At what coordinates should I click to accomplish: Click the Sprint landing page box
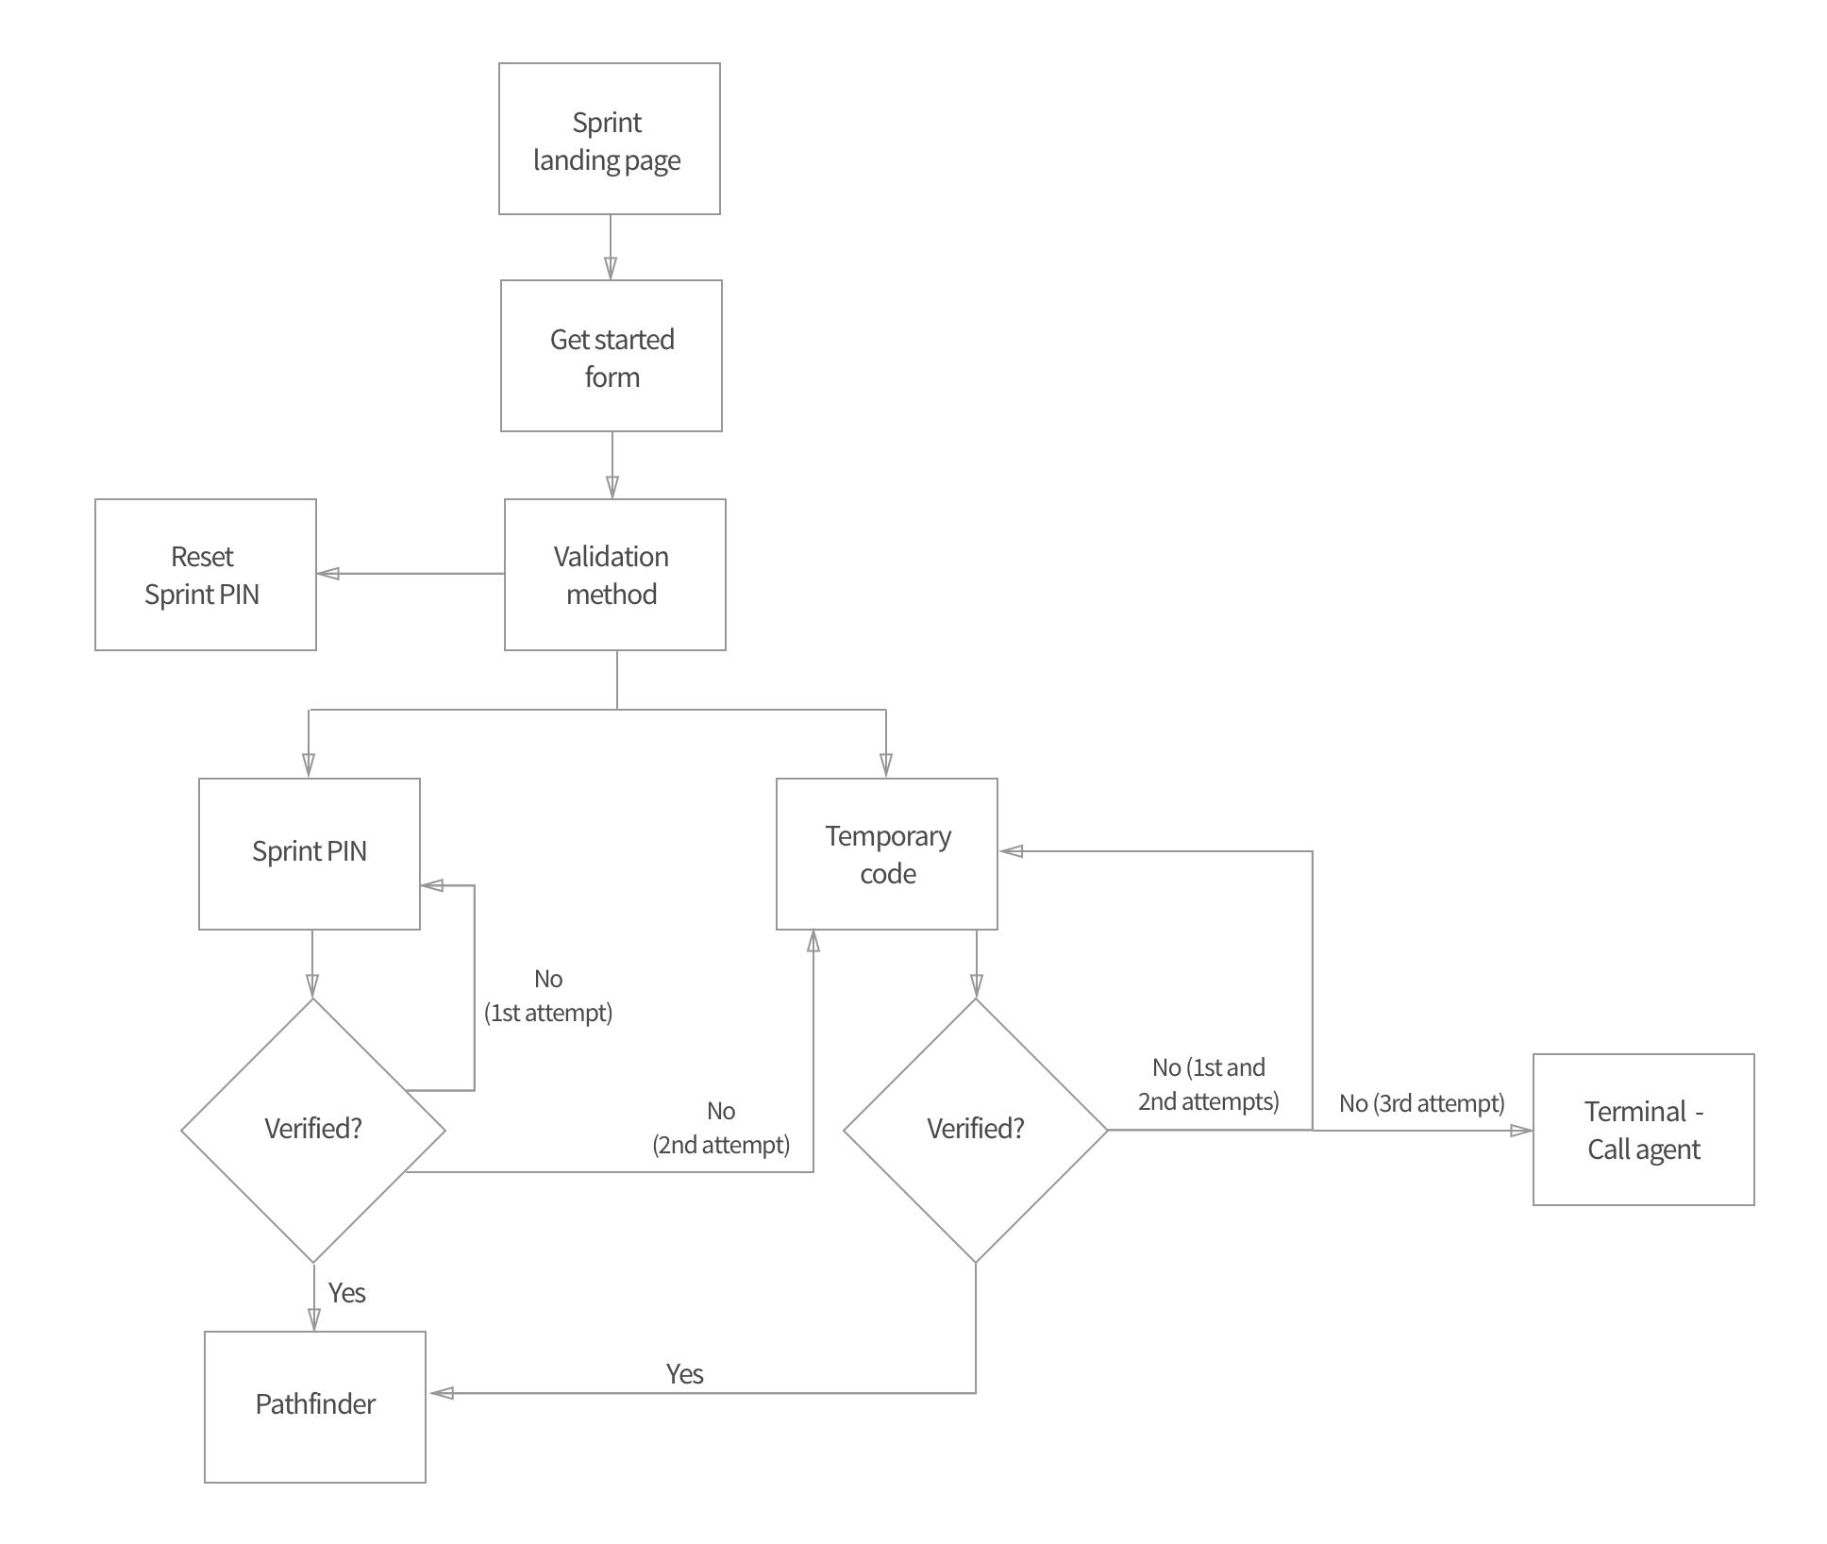click(609, 139)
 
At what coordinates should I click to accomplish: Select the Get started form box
click(611, 356)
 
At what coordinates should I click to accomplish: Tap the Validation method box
click(614, 575)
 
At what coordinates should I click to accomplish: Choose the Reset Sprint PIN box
click(205, 575)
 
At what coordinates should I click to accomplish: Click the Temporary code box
click(886, 854)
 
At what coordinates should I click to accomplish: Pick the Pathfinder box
click(314, 1406)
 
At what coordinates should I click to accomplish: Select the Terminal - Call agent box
click(1643, 1130)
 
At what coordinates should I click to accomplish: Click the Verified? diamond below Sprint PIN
click(313, 1130)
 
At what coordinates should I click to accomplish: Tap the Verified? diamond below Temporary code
click(975, 1130)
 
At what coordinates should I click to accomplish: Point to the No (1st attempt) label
click(548, 997)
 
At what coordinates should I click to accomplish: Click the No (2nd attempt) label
click(721, 1129)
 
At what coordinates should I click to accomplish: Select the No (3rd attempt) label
click(1421, 1103)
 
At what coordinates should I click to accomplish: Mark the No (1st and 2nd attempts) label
click(1208, 1084)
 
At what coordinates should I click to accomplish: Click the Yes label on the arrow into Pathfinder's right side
click(684, 1374)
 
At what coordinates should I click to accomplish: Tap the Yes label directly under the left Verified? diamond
click(346, 1293)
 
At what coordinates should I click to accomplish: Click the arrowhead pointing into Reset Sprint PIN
click(327, 573)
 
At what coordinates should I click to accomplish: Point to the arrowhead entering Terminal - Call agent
click(1522, 1130)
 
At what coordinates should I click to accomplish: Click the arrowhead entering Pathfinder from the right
click(440, 1393)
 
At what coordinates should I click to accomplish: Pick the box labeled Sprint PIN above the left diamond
click(309, 853)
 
